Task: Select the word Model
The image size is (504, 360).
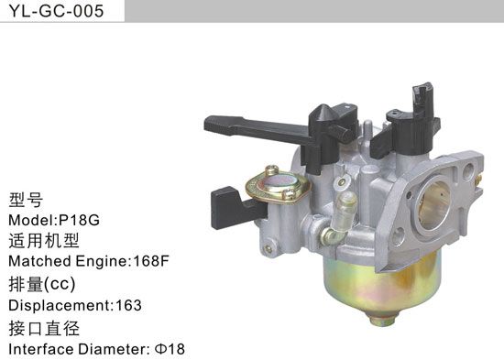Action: coord(30,221)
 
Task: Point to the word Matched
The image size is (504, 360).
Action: coord(38,262)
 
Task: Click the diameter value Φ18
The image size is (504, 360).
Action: coord(169,349)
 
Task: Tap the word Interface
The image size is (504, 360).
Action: coord(38,349)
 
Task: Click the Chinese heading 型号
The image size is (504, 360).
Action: coord(25,201)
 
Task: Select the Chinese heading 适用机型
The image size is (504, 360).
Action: coord(43,242)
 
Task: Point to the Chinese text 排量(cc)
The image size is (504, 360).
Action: coord(40,284)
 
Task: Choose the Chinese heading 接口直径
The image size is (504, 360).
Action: coord(43,327)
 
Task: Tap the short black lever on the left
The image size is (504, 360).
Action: coord(226,205)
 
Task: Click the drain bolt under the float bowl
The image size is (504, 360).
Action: coord(380,320)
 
